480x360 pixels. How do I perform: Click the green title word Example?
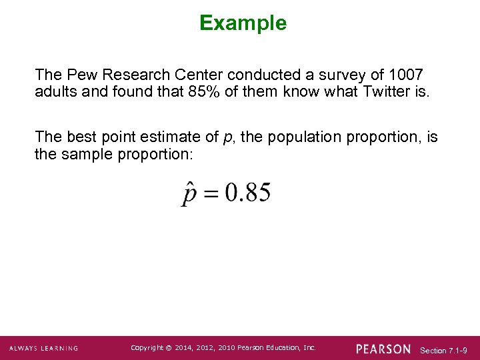[x=243, y=23]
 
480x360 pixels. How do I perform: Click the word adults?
[x=55, y=91]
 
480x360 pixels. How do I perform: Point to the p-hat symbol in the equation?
[x=189, y=194]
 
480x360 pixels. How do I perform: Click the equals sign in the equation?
[x=211, y=195]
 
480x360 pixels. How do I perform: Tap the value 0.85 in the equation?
[x=247, y=193]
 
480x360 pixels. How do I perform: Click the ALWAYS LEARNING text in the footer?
[x=43, y=349]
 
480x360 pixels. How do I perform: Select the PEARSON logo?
[x=383, y=349]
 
